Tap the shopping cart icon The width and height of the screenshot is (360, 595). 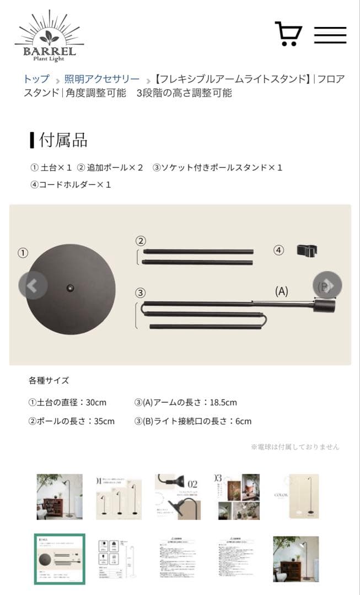pos(288,34)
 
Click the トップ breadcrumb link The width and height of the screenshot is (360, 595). pos(36,79)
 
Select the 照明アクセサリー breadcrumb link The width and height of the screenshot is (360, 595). pos(102,79)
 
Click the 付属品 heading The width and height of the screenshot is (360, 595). pos(63,140)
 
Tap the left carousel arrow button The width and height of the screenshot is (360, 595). pos(33,285)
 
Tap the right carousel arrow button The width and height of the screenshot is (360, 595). pos(327,285)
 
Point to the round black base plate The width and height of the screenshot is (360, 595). pos(71,288)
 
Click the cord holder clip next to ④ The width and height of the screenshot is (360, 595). pos(307,251)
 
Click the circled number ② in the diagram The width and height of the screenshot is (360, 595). pos(141,240)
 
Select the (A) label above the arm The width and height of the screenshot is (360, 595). pos(281,291)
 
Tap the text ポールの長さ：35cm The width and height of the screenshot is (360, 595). pos(72,421)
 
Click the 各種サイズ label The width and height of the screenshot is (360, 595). pos(49,380)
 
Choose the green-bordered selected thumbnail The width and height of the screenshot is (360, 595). pos(60,559)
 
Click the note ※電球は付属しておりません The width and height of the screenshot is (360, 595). pos(295,447)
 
